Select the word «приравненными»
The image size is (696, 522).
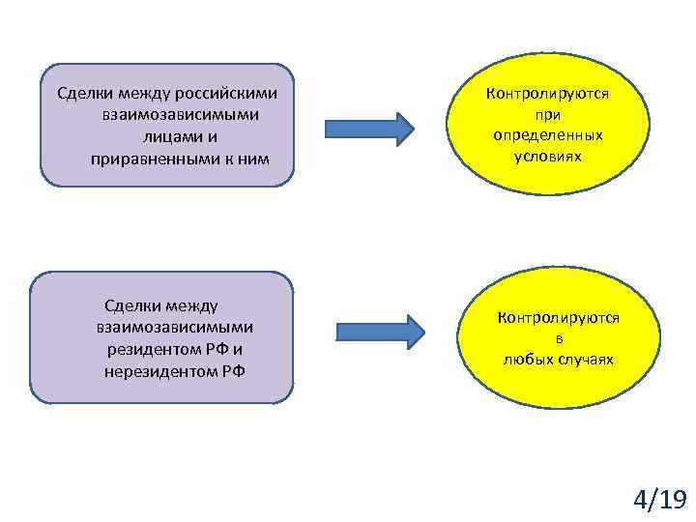155,158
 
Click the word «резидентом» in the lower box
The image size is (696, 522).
154,348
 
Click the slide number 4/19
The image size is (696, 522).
660,499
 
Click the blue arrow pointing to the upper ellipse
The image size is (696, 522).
369,127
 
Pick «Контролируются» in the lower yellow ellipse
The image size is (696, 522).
559,317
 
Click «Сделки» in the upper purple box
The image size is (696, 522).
85,95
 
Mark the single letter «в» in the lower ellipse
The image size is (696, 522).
559,339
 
